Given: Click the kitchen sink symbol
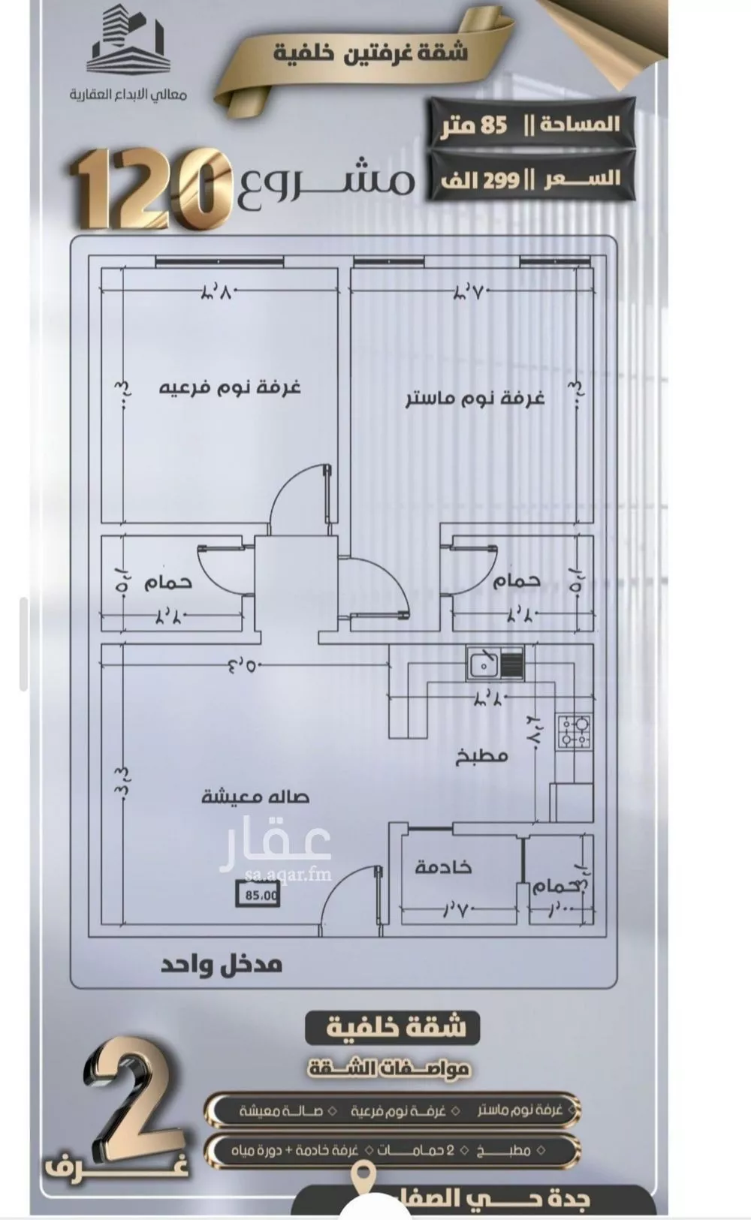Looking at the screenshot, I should coord(494,664).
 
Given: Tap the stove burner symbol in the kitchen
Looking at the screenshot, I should coord(575,731).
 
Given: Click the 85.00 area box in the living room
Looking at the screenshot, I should coord(258,894).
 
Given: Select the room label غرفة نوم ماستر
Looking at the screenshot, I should coord(475,399).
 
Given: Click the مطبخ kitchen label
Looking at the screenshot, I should coord(481,756).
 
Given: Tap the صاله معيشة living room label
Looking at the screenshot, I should coord(255,797).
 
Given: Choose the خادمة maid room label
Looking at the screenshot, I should coord(443,866).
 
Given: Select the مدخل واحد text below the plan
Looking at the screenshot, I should coord(222,964).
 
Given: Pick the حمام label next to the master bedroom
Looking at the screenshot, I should coord(517,580).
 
